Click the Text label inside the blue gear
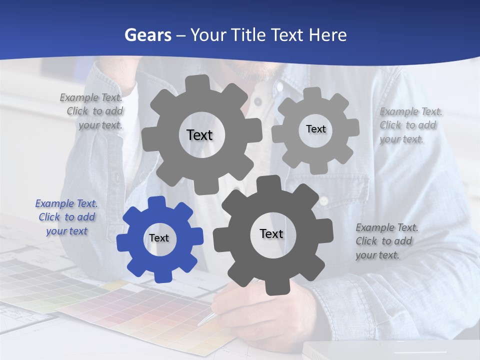click(159, 238)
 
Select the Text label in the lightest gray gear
click(315, 129)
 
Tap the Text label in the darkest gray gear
click(271, 234)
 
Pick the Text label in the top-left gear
click(199, 135)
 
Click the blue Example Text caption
click(66, 217)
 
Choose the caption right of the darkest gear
click(386, 241)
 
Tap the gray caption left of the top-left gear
click(93, 111)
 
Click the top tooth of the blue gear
click(157, 202)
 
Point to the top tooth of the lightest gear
click(312, 93)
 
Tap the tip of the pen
click(199, 324)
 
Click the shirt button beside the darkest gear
click(324, 201)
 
